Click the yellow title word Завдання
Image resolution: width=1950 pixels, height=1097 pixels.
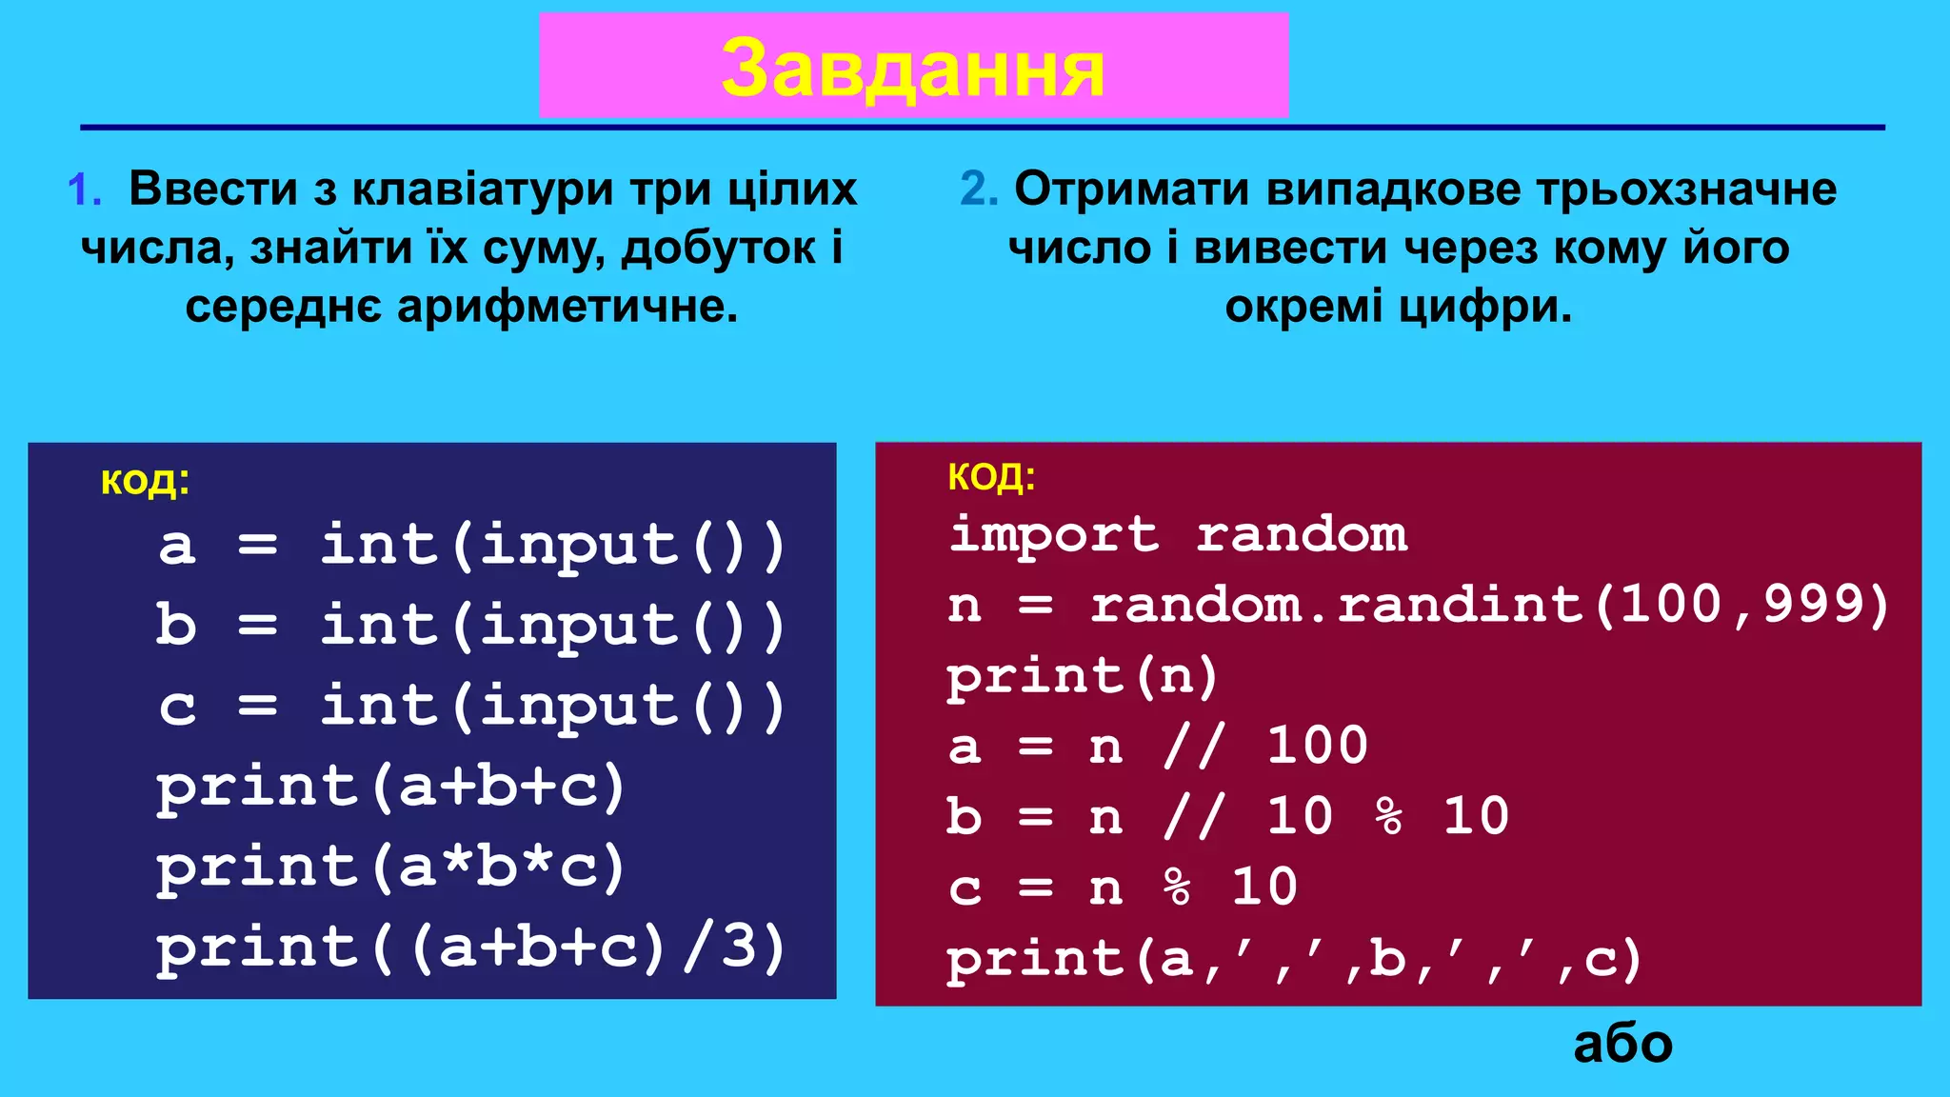pyautogui.click(x=912, y=69)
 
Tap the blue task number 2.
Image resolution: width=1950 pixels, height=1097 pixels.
pyautogui.click(x=977, y=189)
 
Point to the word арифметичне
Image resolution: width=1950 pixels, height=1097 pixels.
pyautogui.click(x=567, y=307)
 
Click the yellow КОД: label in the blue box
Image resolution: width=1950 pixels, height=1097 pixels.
pyautogui.click(x=145, y=482)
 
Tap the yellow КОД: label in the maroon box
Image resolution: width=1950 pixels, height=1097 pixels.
pyautogui.click(x=991, y=476)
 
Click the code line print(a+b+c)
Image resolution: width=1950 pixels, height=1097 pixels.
pyautogui.click(x=390, y=787)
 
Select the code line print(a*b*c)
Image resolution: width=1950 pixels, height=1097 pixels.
pyautogui.click(x=390, y=868)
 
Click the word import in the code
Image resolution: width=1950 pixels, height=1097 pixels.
pyautogui.click(x=1054, y=533)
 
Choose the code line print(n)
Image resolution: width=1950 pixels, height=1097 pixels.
pyautogui.click(x=1082, y=675)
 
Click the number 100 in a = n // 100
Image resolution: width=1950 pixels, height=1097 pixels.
pyautogui.click(x=1317, y=746)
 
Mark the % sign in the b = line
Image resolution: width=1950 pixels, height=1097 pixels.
pyautogui.click(x=1389, y=816)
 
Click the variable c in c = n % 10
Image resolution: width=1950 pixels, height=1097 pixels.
pyautogui.click(x=965, y=888)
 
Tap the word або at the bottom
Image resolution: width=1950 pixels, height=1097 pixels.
pyautogui.click(x=1622, y=1045)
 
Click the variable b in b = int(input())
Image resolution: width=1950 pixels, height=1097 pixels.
pyautogui.click(x=176, y=626)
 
